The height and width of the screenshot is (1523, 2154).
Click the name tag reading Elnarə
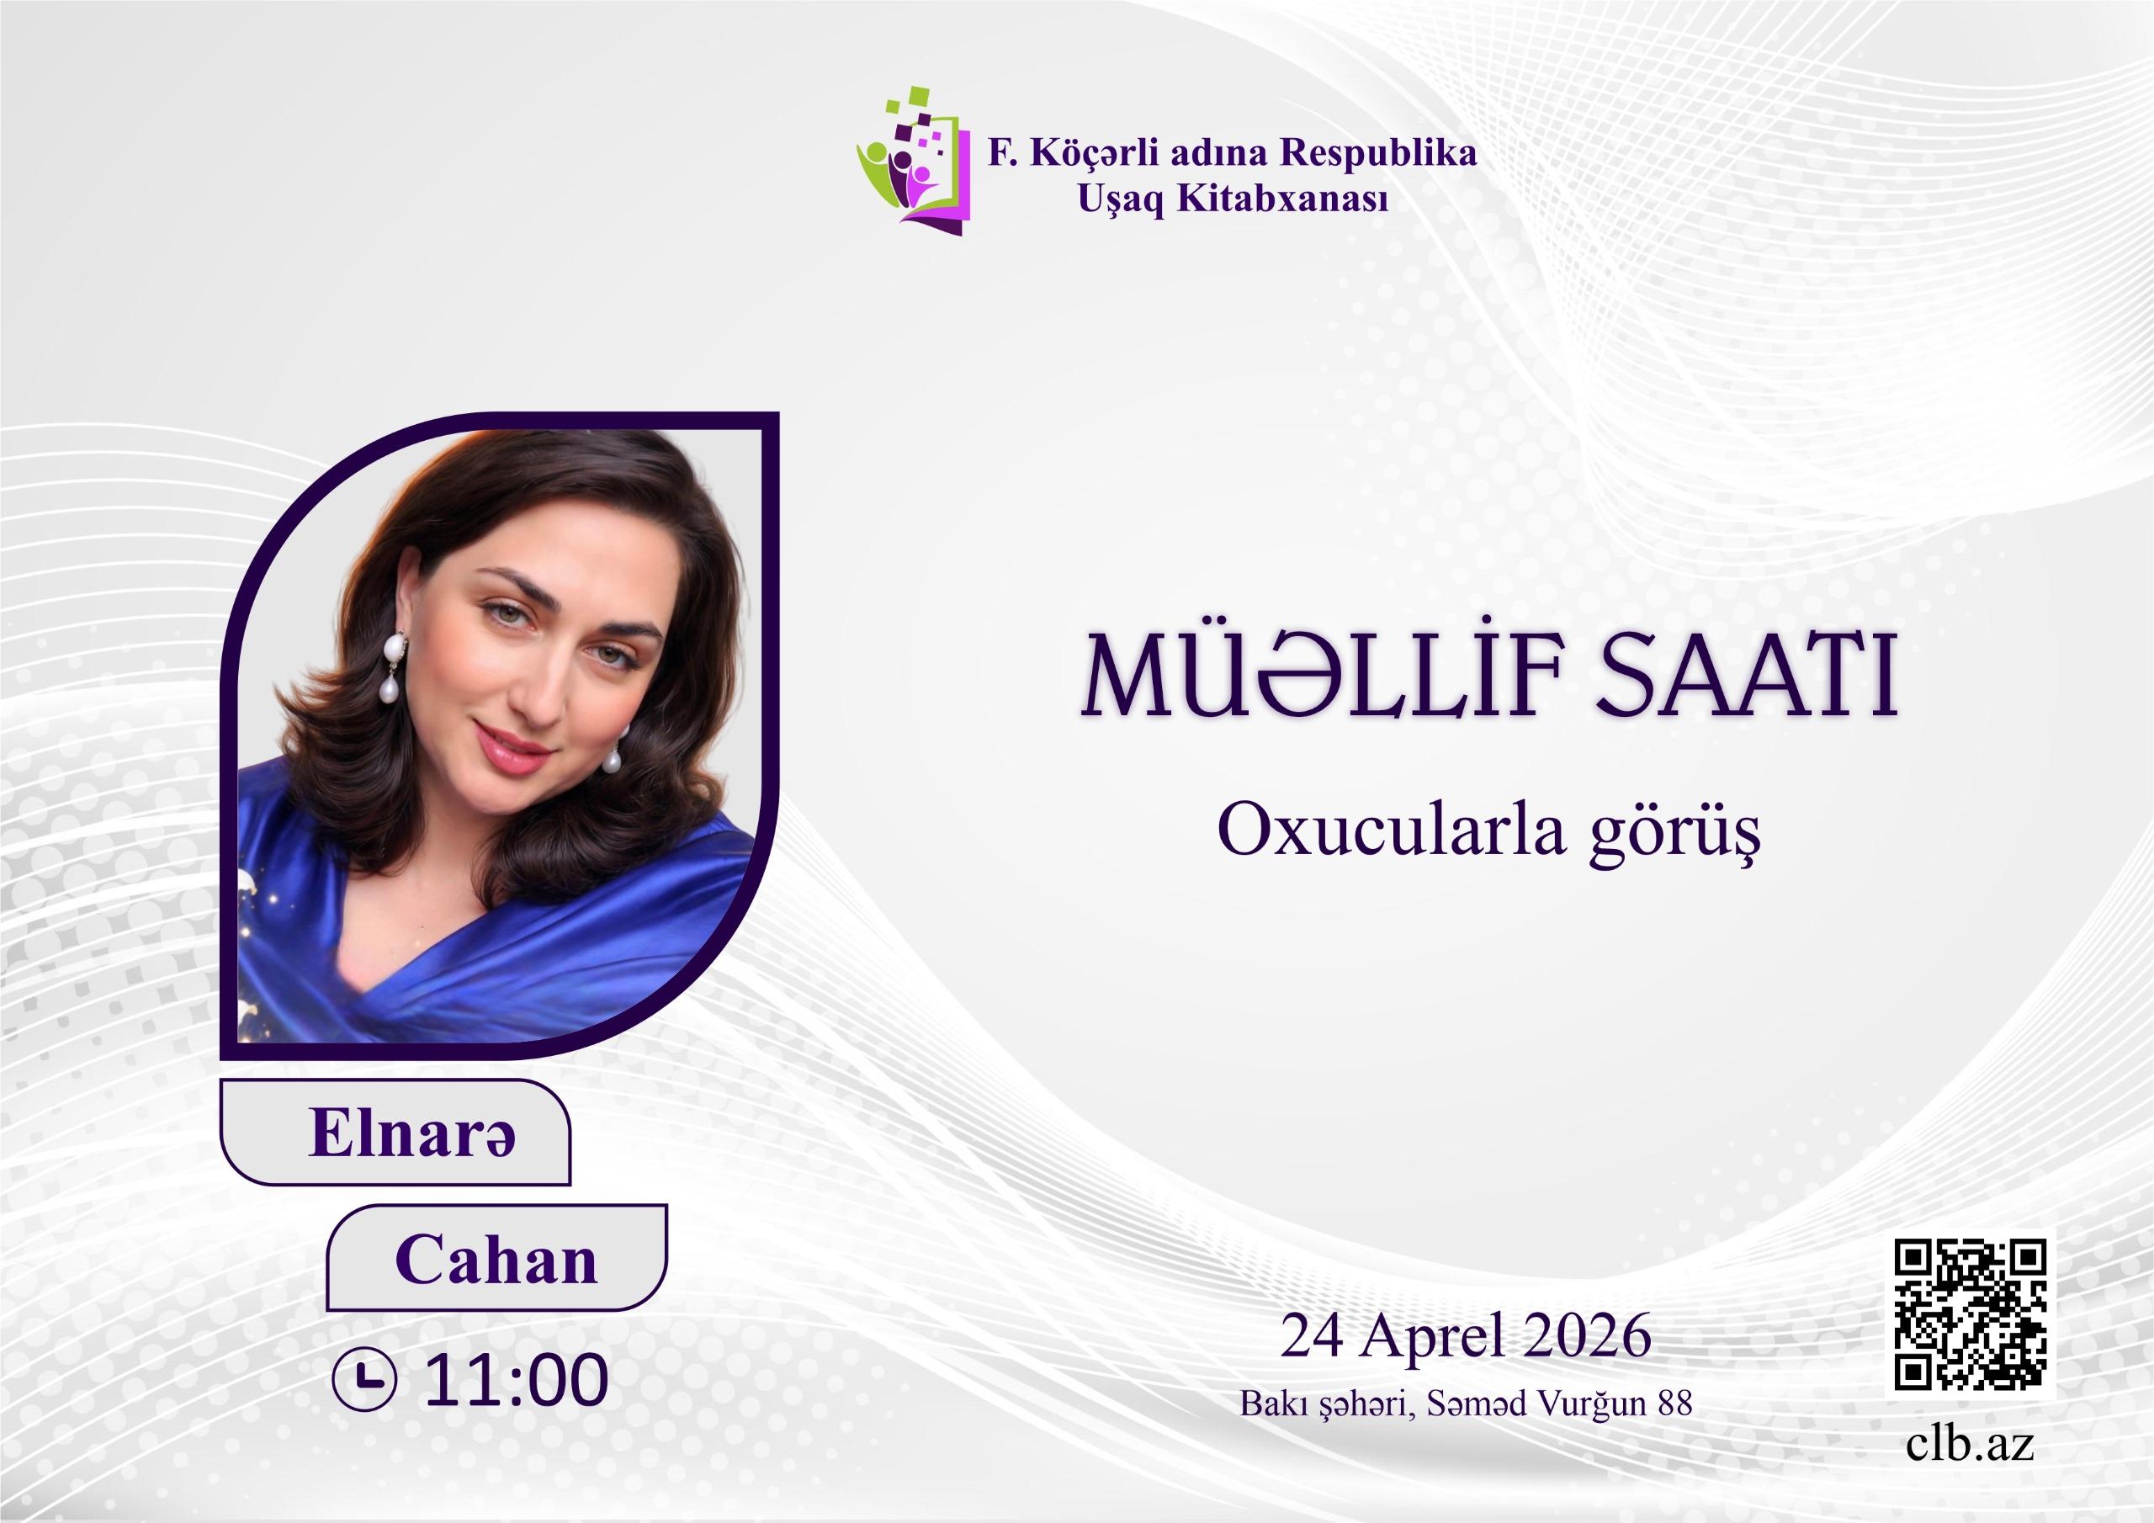coord(396,1132)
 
